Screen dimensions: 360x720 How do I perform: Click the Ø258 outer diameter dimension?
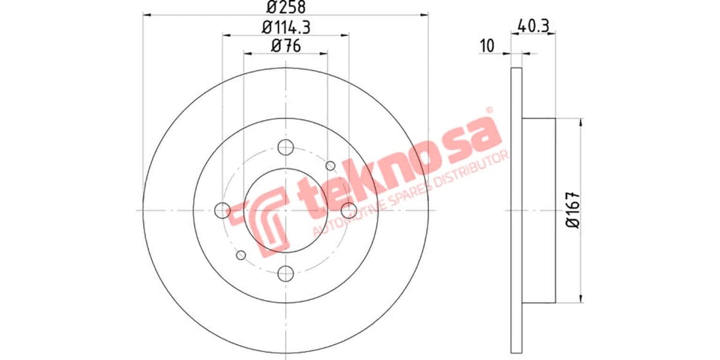point(286,7)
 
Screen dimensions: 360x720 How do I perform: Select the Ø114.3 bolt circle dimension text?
point(285,26)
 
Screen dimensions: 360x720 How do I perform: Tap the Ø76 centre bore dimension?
point(286,46)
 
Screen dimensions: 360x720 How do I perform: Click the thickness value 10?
point(487,46)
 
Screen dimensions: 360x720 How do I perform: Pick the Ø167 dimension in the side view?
point(573,210)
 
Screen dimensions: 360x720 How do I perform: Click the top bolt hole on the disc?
point(286,147)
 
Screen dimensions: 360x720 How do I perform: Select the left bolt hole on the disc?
point(223,210)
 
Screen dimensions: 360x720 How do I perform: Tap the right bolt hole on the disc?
point(349,210)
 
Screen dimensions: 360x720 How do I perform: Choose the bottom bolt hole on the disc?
point(286,273)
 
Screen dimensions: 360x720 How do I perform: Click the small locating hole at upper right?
point(329,166)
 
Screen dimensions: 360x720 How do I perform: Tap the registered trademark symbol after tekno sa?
point(489,110)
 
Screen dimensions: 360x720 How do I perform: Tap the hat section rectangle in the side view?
point(539,210)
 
